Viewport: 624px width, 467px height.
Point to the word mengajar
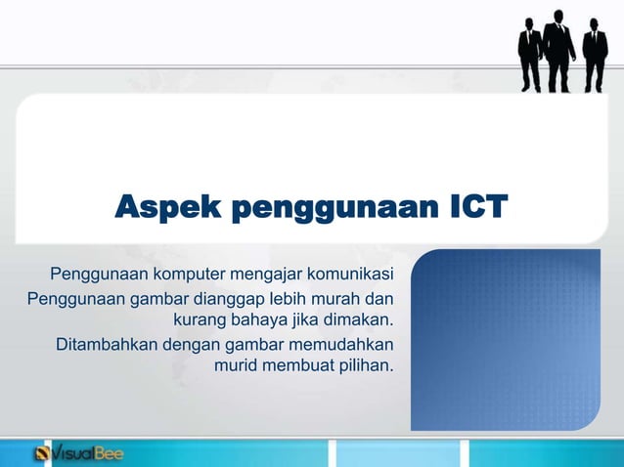(x=265, y=271)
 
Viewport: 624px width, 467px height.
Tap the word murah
(x=343, y=295)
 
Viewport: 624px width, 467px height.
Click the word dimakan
(x=359, y=319)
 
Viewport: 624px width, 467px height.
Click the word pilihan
(x=363, y=367)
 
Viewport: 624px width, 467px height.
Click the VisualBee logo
(x=78, y=453)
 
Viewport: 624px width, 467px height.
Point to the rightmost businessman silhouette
(x=595, y=55)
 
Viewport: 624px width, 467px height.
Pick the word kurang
(x=199, y=319)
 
